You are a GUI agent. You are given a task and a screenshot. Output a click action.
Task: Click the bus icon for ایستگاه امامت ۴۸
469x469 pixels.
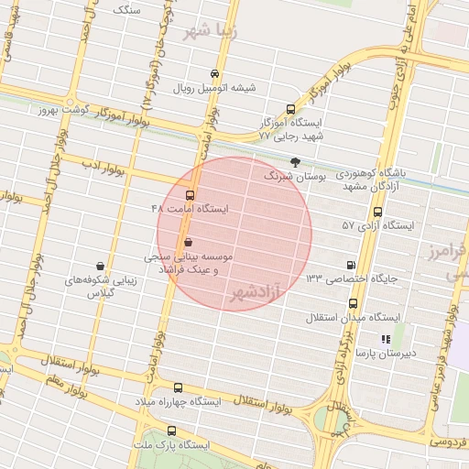pyautogui.click(x=191, y=195)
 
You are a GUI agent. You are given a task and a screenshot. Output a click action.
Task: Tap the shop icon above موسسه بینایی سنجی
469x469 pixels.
pyautogui.click(x=189, y=243)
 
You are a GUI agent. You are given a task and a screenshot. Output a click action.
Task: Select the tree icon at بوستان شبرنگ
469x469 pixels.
pyautogui.click(x=294, y=161)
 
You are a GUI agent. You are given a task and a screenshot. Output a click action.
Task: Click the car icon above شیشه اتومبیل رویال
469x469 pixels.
pyautogui.click(x=214, y=74)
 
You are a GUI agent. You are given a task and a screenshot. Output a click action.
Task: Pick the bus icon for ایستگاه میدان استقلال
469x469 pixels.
pyautogui.click(x=353, y=303)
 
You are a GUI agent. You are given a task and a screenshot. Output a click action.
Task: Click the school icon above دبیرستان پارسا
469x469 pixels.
pyautogui.click(x=385, y=338)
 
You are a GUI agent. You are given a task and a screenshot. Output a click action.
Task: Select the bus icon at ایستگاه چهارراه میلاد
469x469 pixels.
pyautogui.click(x=178, y=388)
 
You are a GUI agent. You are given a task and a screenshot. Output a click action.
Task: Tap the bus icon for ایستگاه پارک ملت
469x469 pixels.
pyautogui.click(x=171, y=431)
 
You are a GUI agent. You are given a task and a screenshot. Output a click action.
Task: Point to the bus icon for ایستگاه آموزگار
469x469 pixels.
pyautogui.click(x=291, y=108)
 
